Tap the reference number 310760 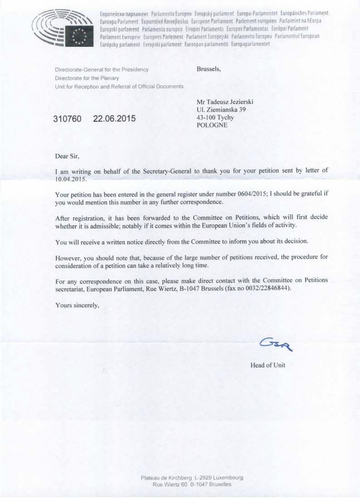[67, 119]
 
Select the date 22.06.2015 [114, 119]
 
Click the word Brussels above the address [208, 69]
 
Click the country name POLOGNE [212, 125]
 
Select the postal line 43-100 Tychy [215, 118]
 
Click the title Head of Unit [268, 365]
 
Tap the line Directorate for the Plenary [87, 78]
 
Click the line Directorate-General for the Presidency [101, 70]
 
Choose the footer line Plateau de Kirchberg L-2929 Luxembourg [192, 478]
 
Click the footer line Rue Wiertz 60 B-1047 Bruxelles [192, 484]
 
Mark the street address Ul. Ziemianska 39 [221, 109]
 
